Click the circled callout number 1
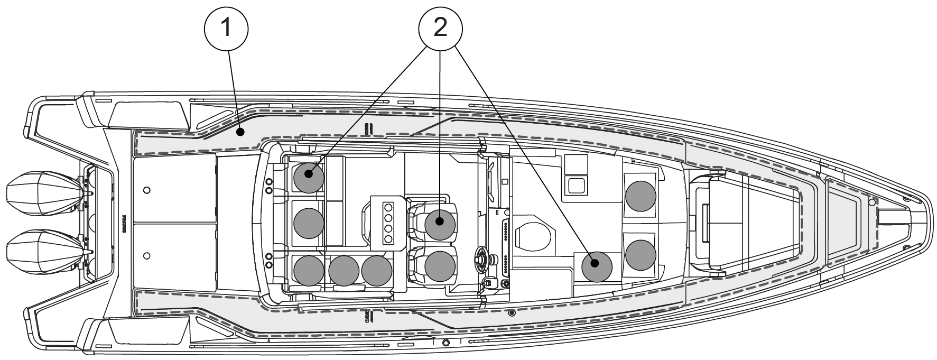(x=226, y=27)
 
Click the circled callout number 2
(x=440, y=27)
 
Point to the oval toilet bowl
(x=534, y=233)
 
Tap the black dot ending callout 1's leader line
(x=240, y=133)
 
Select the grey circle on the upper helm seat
(x=440, y=223)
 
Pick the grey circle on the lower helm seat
(x=440, y=265)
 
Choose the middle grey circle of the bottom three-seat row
(x=344, y=270)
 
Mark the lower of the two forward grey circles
(x=641, y=254)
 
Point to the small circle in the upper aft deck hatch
(x=147, y=189)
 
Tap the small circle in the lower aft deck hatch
(x=147, y=256)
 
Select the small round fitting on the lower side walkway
(x=511, y=313)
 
